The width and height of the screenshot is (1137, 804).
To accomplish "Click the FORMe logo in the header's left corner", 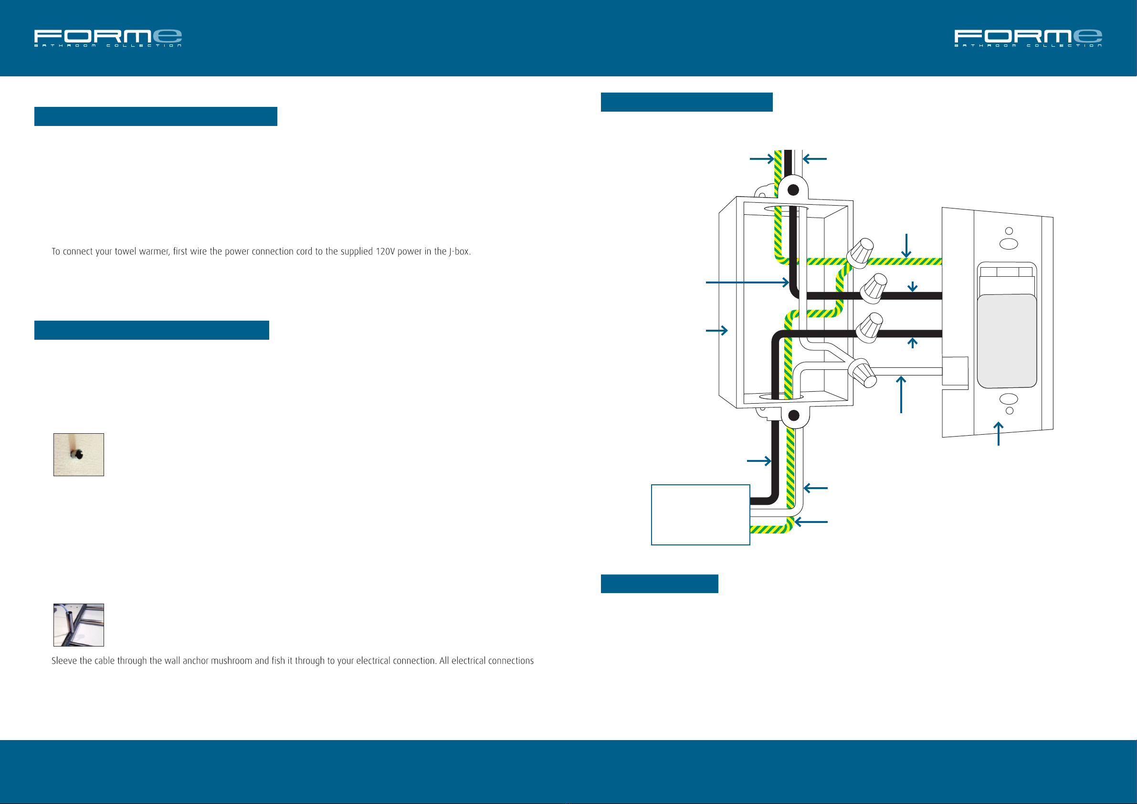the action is click(108, 38).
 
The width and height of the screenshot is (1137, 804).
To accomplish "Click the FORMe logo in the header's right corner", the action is click(1028, 38).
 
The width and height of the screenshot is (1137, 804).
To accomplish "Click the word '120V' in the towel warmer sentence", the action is click(385, 251).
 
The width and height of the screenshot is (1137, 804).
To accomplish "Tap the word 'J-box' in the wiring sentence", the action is click(459, 251).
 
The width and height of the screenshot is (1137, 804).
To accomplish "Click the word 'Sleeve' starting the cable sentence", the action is click(64, 661).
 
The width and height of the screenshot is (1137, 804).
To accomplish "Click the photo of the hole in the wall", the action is click(79, 454).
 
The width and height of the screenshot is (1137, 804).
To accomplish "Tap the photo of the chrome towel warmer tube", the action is click(79, 625).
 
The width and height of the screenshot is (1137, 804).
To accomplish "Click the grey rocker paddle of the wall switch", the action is click(1007, 341).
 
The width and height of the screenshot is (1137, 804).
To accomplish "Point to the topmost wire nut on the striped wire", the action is click(860, 252).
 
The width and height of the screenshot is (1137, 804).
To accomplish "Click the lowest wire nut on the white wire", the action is click(863, 373).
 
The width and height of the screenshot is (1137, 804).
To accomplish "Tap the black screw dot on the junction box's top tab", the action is click(793, 189).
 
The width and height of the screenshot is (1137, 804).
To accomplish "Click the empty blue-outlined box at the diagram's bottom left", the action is click(700, 515).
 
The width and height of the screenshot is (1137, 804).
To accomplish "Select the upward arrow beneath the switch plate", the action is click(999, 434).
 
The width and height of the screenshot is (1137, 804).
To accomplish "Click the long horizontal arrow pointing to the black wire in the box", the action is click(747, 282).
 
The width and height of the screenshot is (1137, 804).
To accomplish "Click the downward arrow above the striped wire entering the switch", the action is click(906, 246).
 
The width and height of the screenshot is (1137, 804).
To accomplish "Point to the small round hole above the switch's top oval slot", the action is click(1009, 231).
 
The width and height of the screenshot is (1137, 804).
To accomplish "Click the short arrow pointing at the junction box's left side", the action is click(716, 330).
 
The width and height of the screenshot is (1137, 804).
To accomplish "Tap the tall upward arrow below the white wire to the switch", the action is click(901, 394).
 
